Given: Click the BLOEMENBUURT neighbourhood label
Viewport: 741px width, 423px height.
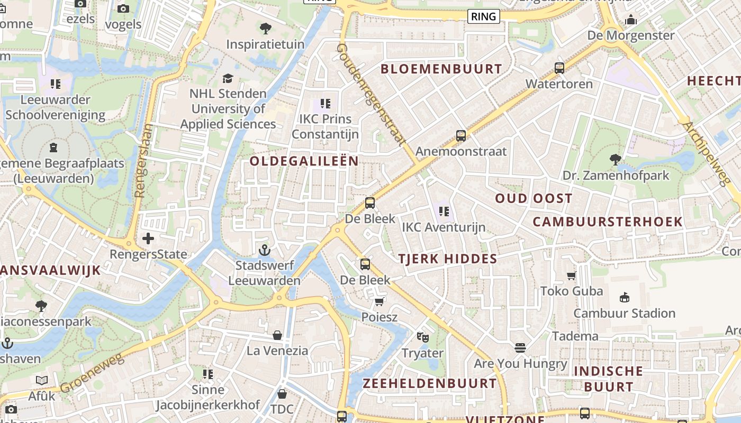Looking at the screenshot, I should (x=441, y=69).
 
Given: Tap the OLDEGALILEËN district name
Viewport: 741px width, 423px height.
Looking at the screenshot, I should (x=304, y=161).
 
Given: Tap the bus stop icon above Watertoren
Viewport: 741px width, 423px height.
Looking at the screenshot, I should (x=559, y=68).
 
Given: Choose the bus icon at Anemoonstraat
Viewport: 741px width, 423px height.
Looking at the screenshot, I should (x=461, y=136).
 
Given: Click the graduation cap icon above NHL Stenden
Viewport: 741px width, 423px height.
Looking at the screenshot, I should (x=228, y=78).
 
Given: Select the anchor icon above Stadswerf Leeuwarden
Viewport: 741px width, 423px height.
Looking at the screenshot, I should (x=264, y=250).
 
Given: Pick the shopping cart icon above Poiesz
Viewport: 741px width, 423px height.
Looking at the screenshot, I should (x=379, y=301).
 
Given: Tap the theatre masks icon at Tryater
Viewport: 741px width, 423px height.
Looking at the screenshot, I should (x=422, y=337).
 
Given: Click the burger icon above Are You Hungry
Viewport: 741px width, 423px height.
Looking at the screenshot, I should (x=520, y=347).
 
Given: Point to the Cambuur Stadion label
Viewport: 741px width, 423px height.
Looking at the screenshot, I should (x=624, y=313).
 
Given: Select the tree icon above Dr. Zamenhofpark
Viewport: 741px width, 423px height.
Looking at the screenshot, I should (x=615, y=159).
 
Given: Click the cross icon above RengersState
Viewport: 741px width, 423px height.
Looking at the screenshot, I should (x=148, y=238).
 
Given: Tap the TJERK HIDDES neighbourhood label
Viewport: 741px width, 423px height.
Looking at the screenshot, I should (x=447, y=259).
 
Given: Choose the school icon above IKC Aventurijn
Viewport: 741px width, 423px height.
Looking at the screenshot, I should (x=444, y=212).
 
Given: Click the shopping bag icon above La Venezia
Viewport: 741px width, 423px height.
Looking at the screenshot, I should (x=277, y=335).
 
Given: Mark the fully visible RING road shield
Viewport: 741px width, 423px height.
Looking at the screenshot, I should (x=484, y=16).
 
